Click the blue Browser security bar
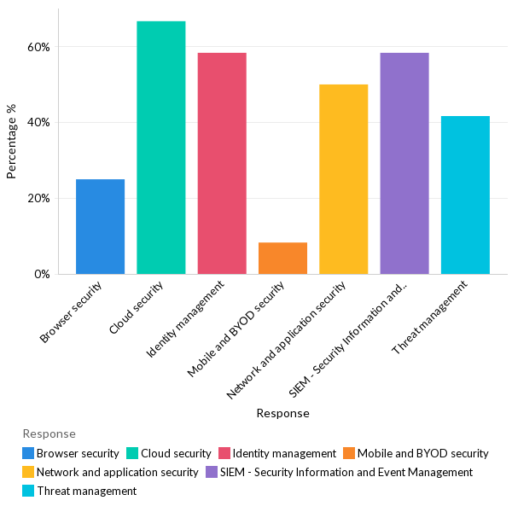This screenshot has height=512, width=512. [x=100, y=226]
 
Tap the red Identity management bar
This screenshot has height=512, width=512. [x=222, y=163]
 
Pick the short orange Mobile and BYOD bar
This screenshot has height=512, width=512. [x=282, y=258]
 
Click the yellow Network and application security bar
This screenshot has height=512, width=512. [x=343, y=179]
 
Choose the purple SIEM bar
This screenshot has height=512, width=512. [x=404, y=163]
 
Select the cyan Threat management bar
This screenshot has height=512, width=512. [x=465, y=195]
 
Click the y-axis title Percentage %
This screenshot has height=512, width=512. [x=12, y=142]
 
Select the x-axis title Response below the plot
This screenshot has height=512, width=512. [x=282, y=413]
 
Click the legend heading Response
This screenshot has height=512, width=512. [x=49, y=433]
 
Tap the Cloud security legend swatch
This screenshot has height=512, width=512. [x=133, y=453]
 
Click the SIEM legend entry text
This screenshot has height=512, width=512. [x=346, y=472]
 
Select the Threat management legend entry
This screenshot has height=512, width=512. [x=86, y=491]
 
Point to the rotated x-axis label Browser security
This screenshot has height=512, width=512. [x=73, y=311]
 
